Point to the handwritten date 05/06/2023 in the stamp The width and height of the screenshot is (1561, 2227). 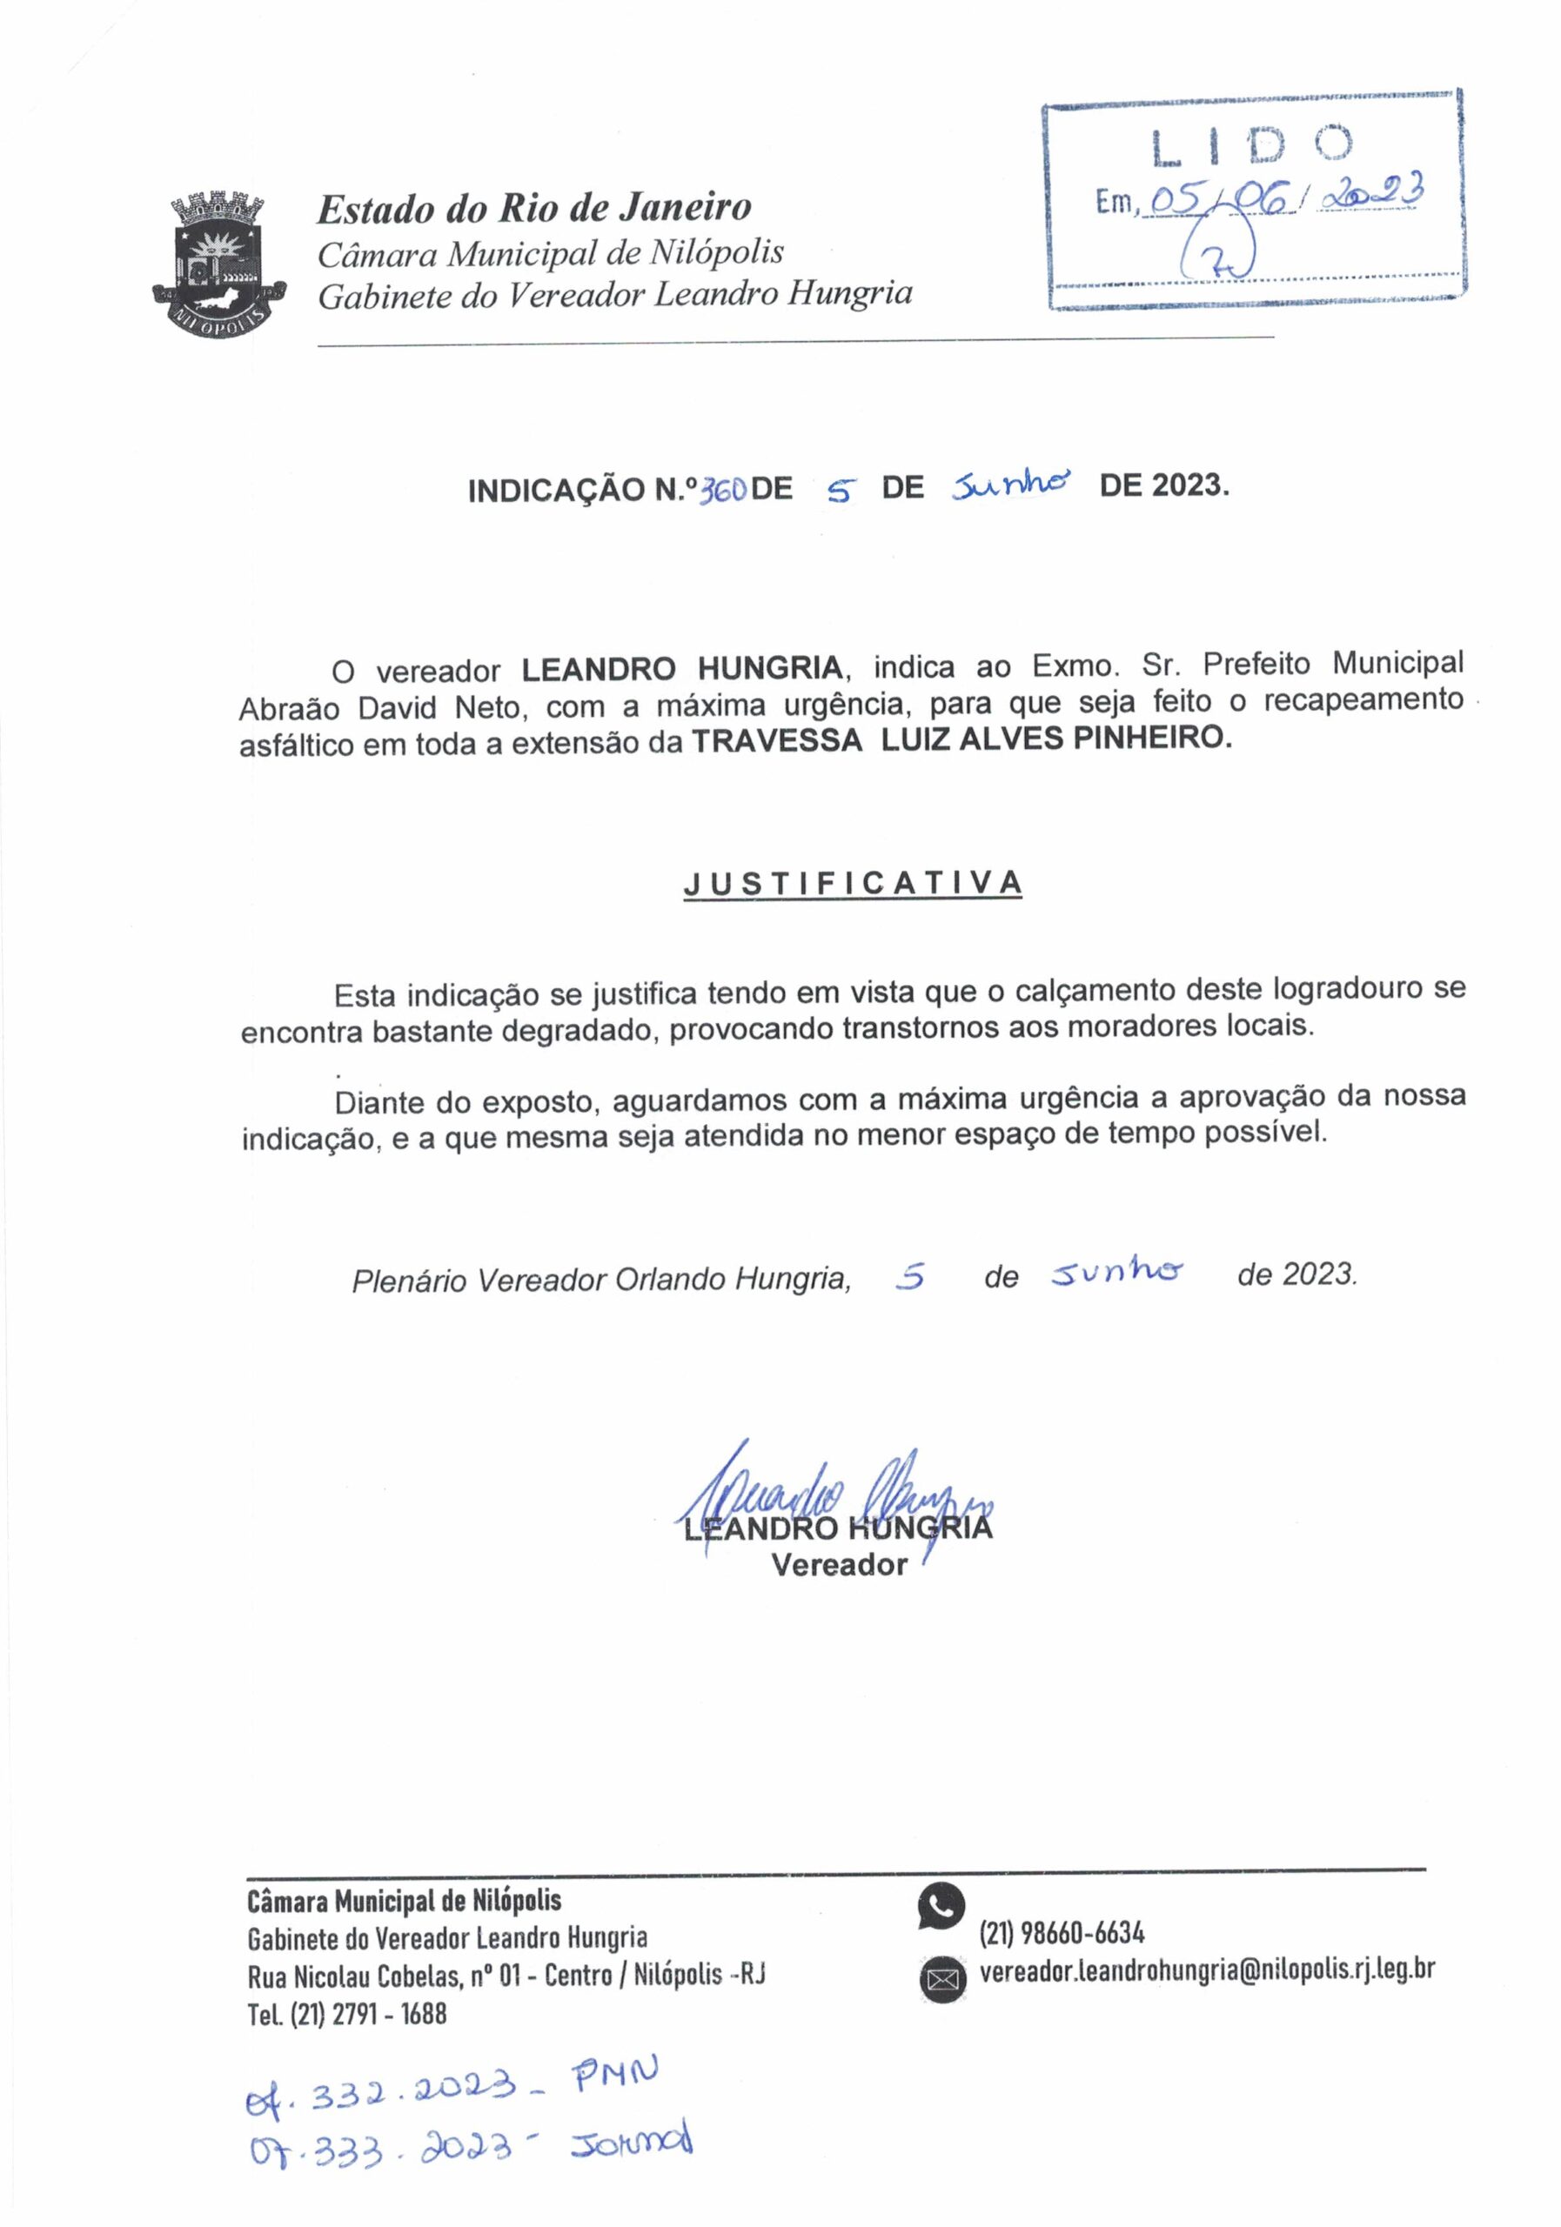click(x=1281, y=197)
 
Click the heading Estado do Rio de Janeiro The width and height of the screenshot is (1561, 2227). click(x=534, y=208)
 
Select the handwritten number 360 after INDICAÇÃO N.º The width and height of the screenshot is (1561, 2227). click(x=723, y=491)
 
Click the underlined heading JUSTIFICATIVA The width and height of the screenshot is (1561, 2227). click(x=853, y=884)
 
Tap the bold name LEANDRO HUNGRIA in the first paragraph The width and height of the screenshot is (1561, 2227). click(x=682, y=669)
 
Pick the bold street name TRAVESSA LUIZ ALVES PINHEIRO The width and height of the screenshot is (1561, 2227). click(x=961, y=740)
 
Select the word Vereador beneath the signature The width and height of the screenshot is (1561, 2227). click(x=839, y=1564)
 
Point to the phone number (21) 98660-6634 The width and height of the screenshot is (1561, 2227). click(x=1062, y=1933)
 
